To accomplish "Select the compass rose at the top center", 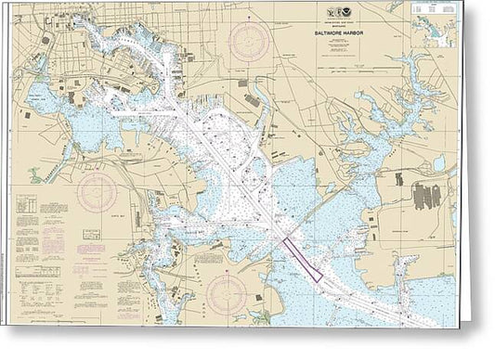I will (251, 42).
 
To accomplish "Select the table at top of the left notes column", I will (29, 204).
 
